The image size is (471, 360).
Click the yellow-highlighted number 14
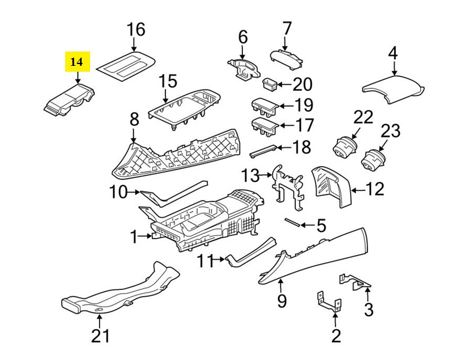pyautogui.click(x=77, y=62)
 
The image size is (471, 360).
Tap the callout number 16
pyautogui.click(x=136, y=29)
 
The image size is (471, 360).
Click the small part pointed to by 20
pyautogui.click(x=270, y=85)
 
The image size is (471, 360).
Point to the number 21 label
pyautogui.click(x=100, y=336)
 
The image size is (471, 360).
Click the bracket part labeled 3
pyautogui.click(x=355, y=282)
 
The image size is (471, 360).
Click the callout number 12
pyautogui.click(x=376, y=189)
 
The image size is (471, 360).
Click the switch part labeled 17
pyautogui.click(x=264, y=126)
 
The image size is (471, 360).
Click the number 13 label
pyautogui.click(x=250, y=176)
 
